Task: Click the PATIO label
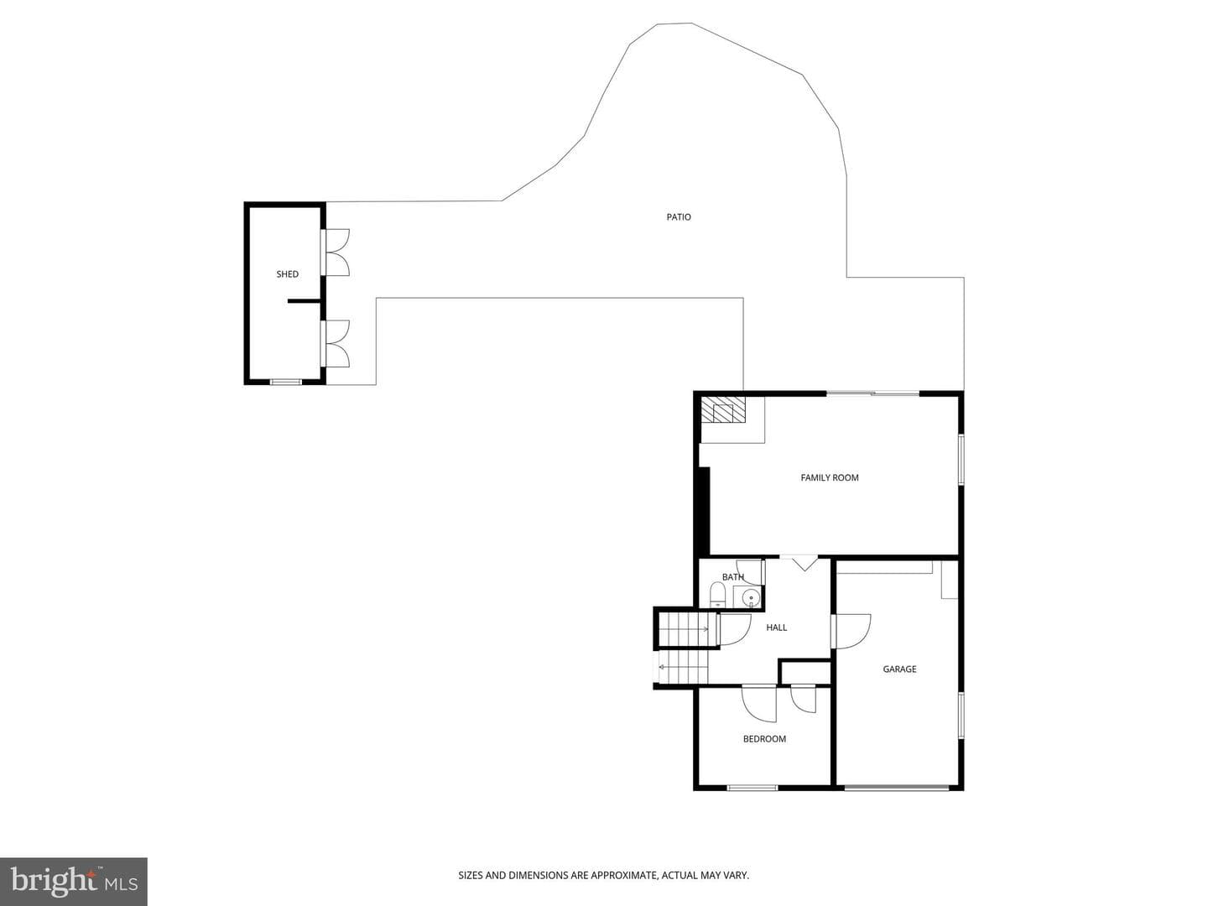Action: (x=678, y=217)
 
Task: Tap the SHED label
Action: (x=287, y=274)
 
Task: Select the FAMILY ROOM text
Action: (x=829, y=477)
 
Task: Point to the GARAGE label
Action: (x=899, y=669)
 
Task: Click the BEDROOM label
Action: (x=764, y=739)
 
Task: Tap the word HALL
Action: (x=776, y=627)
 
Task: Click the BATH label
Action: (x=732, y=577)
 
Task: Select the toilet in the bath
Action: (x=717, y=596)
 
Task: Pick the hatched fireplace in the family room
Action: (x=724, y=410)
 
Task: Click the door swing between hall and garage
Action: (x=852, y=631)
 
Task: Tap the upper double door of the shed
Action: (x=336, y=252)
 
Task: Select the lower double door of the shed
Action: (x=336, y=343)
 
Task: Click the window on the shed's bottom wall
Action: (x=285, y=381)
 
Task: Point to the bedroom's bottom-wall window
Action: (x=752, y=788)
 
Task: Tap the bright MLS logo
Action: (x=73, y=882)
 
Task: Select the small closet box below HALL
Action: (x=804, y=672)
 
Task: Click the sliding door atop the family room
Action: (x=872, y=393)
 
